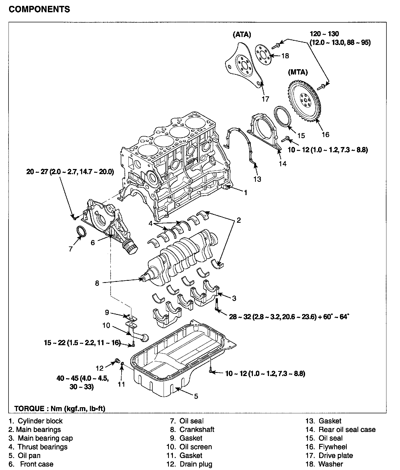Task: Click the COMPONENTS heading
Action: pyautogui.click(x=39, y=9)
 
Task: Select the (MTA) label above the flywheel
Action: pyautogui.click(x=298, y=72)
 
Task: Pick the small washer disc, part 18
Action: pyautogui.click(x=263, y=55)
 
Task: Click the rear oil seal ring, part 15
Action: pyautogui.click(x=282, y=117)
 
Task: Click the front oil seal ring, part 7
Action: pyautogui.click(x=81, y=231)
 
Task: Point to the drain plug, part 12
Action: pyautogui.click(x=117, y=361)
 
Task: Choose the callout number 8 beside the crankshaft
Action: pyautogui.click(x=97, y=283)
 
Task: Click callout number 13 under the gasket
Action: pyautogui.click(x=257, y=179)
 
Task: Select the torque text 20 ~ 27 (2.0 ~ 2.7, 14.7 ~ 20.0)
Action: pyautogui.click(x=70, y=172)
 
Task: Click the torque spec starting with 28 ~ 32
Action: pyautogui.click(x=289, y=317)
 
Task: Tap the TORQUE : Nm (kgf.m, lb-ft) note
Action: pyautogui.click(x=60, y=409)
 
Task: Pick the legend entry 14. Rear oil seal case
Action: pyautogui.click(x=340, y=430)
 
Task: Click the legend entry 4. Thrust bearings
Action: pyautogui.click(x=38, y=447)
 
